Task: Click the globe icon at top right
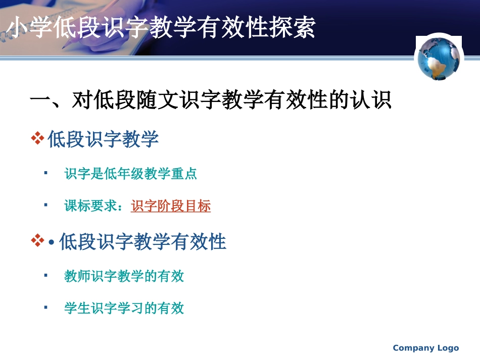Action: (438, 59)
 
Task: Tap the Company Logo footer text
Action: (425, 348)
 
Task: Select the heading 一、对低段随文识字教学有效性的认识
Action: (211, 100)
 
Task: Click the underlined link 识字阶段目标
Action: (170, 206)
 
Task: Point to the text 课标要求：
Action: (97, 206)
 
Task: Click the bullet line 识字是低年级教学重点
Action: (130, 174)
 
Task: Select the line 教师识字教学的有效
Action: (124, 276)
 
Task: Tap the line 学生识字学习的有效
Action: (124, 308)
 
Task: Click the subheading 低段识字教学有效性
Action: (142, 242)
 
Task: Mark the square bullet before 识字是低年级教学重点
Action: (46, 173)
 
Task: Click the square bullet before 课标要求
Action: (46, 205)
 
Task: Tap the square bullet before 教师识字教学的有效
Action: (46, 275)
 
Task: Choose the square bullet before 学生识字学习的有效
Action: (46, 307)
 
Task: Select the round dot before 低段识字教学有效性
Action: (52, 243)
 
